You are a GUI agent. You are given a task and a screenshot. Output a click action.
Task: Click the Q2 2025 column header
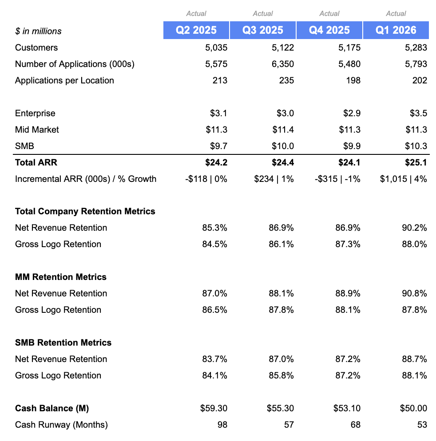pyautogui.click(x=196, y=30)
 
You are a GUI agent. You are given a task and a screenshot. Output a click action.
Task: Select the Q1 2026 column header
pyautogui.click(x=396, y=30)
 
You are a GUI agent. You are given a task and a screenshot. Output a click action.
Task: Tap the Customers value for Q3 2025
pyautogui.click(x=282, y=47)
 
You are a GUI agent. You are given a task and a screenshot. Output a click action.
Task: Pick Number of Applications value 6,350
pyautogui.click(x=282, y=64)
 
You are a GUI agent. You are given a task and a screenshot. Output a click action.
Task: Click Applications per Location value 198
pyautogui.click(x=353, y=80)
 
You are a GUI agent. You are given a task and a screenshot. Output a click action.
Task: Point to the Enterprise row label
pyautogui.click(x=35, y=113)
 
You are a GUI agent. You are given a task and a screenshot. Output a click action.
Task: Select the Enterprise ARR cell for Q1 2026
pyautogui.click(x=418, y=113)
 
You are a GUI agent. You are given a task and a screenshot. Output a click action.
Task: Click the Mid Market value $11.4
pyautogui.click(x=283, y=130)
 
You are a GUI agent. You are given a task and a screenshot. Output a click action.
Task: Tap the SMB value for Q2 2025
pyautogui.click(x=219, y=146)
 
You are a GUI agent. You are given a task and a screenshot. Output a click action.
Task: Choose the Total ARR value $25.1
pyautogui.click(x=416, y=162)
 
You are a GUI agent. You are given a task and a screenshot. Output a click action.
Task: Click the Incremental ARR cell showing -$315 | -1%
pyautogui.click(x=337, y=179)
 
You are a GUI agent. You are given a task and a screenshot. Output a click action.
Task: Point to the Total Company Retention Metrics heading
pyautogui.click(x=85, y=211)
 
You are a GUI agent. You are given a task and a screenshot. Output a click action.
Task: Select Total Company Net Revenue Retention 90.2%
pyautogui.click(x=414, y=228)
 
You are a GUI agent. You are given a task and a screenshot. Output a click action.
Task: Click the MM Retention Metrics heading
pyautogui.click(x=61, y=277)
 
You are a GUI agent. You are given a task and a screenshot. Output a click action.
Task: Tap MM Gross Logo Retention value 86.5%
pyautogui.click(x=214, y=310)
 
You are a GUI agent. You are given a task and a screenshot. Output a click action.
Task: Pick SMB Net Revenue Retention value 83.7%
pyautogui.click(x=214, y=359)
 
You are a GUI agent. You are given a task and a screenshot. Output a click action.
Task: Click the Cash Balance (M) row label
pyautogui.click(x=52, y=408)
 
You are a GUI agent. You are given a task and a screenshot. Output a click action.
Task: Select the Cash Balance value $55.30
pyautogui.click(x=280, y=408)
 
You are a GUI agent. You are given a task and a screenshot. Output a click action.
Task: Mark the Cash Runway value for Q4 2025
pyautogui.click(x=356, y=425)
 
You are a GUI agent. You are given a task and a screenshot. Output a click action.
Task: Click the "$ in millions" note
pyautogui.click(x=38, y=31)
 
